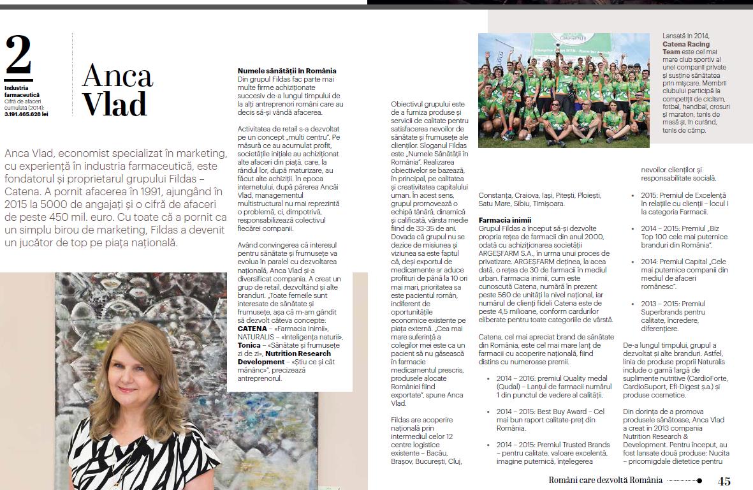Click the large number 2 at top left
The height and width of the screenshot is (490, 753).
[x=18, y=56]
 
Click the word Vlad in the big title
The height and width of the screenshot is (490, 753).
[x=115, y=104]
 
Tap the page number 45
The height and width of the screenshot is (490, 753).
[x=724, y=481]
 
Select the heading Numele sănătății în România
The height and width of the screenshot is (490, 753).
[x=287, y=71]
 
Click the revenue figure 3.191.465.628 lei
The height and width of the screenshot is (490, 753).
[x=26, y=114]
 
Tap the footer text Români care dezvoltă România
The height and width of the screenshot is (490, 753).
[x=606, y=480]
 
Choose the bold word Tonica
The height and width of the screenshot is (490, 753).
[x=249, y=345]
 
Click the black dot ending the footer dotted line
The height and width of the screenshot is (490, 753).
[x=699, y=481]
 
